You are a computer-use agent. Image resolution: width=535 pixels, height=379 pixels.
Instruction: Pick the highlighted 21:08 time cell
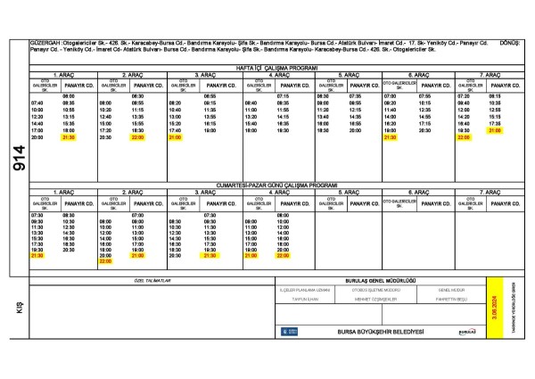[494, 130]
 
